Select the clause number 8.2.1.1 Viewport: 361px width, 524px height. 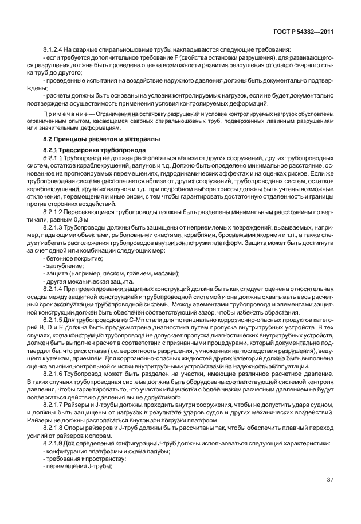pos(54,157)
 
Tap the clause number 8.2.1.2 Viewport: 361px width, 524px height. pos(54,212)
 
